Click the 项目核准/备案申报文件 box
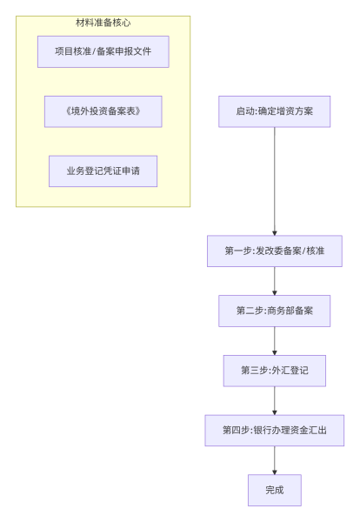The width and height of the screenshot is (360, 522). (x=103, y=51)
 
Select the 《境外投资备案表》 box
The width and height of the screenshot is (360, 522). (x=103, y=111)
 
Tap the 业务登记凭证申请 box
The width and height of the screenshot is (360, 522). (x=103, y=171)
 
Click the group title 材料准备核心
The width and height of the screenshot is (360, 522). (x=103, y=23)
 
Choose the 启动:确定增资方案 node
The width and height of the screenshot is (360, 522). (x=274, y=111)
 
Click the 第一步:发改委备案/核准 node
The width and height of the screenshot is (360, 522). (x=274, y=251)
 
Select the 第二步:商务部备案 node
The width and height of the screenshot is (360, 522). (x=274, y=311)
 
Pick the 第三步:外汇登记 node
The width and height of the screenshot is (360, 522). (x=274, y=371)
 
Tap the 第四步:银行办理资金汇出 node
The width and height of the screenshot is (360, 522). (x=274, y=430)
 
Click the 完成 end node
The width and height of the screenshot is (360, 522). (x=274, y=490)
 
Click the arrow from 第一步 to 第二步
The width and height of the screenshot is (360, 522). (x=274, y=280)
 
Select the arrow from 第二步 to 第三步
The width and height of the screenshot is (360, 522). (x=274, y=340)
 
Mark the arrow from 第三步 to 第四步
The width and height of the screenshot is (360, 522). (x=274, y=400)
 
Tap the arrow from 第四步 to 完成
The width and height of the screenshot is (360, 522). (x=274, y=460)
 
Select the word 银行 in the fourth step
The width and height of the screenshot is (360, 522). (x=263, y=430)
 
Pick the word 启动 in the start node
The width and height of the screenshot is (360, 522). (x=244, y=111)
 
